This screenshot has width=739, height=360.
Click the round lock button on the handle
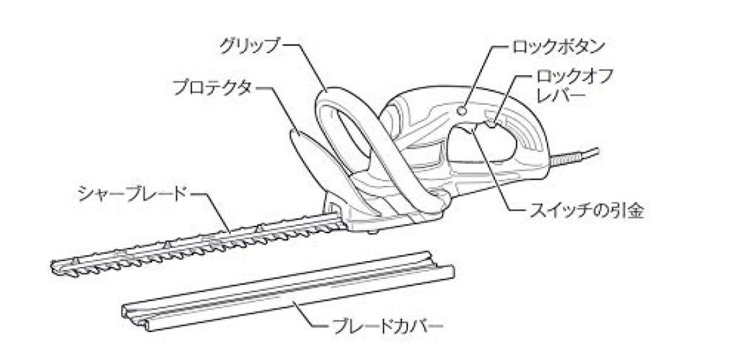(x=463, y=110)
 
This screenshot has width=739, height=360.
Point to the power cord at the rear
(x=572, y=157)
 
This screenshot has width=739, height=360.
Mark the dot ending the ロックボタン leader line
(x=463, y=110)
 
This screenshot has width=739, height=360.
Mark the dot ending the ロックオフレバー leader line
(x=492, y=124)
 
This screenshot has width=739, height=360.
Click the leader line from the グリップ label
(x=307, y=66)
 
